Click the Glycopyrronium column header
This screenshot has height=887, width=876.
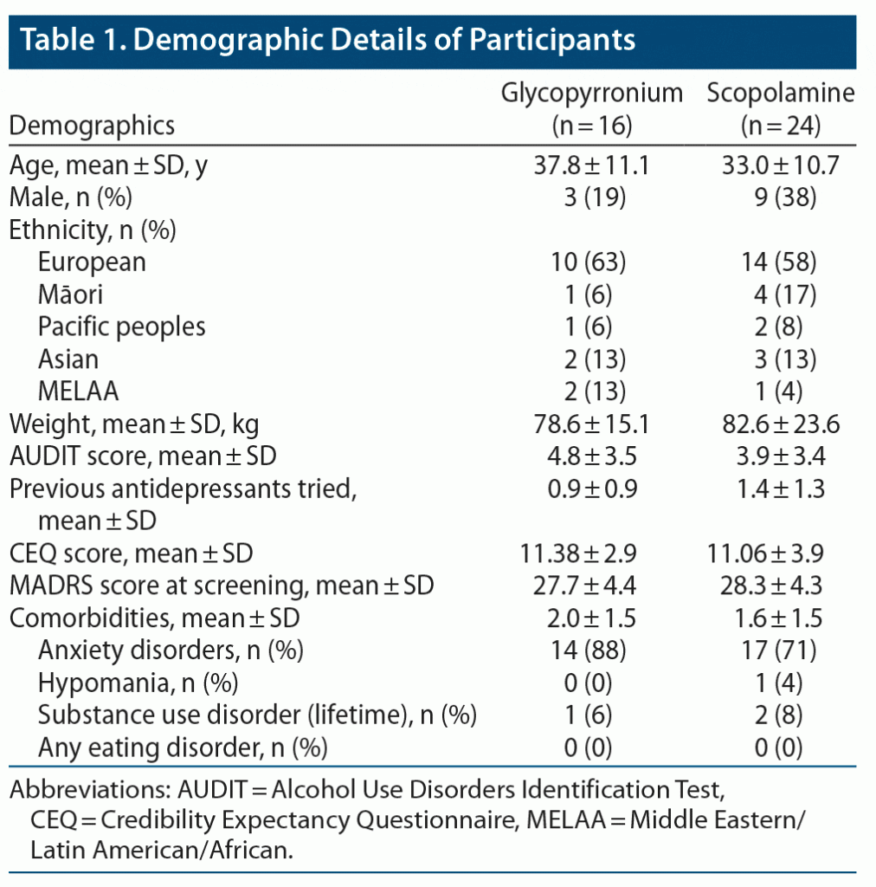(593, 94)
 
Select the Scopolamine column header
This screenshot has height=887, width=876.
(781, 94)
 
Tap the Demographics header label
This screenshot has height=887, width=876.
(92, 126)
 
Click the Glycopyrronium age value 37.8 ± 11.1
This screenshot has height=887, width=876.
(593, 165)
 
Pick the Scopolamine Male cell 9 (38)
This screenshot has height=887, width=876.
(780, 197)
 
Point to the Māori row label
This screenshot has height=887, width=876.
(70, 295)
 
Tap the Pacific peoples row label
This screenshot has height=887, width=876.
(122, 327)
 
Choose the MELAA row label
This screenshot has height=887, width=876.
(78, 391)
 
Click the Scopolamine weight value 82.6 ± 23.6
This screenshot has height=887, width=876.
(780, 424)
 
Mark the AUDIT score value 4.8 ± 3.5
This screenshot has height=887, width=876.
(593, 456)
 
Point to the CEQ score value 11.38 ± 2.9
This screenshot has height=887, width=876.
(593, 553)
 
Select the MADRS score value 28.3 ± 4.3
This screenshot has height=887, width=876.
(780, 586)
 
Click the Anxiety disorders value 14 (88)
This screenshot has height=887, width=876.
(593, 650)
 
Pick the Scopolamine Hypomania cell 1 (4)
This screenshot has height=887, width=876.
(780, 683)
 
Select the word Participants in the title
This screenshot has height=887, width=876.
(546, 40)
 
